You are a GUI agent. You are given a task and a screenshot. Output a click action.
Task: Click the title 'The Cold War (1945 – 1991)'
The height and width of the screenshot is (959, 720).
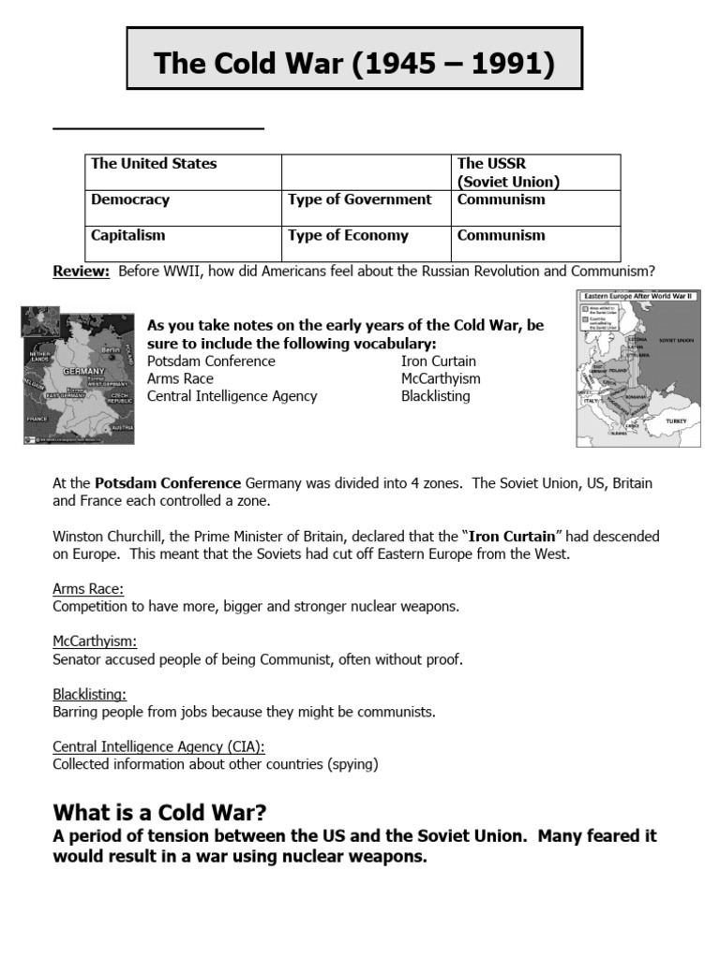point(354,64)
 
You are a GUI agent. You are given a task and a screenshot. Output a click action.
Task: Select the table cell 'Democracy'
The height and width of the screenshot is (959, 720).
point(130,199)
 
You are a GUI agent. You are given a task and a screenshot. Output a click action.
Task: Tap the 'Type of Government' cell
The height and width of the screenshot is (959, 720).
point(360,199)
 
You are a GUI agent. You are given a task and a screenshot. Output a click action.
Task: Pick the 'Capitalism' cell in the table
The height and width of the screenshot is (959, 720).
point(128,235)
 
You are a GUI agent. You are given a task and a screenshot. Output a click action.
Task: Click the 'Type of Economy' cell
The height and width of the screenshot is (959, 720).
point(349,235)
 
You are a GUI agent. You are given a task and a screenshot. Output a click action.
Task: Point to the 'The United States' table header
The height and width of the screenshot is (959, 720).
point(154,164)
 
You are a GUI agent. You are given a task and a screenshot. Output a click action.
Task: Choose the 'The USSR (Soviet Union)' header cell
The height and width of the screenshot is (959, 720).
point(508,172)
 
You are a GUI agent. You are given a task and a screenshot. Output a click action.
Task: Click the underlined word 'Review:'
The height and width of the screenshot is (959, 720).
point(82,272)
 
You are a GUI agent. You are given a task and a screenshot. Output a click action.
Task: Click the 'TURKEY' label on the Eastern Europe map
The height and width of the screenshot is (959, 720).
point(676,421)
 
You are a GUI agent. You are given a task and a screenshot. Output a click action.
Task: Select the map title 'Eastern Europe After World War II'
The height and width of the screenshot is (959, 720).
point(637,296)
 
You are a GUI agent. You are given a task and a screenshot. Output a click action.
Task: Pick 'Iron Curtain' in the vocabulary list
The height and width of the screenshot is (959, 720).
point(438,361)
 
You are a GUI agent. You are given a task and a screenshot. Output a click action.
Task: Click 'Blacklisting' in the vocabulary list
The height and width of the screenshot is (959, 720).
point(435,396)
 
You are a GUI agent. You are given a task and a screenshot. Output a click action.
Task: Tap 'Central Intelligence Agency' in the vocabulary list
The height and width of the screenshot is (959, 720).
point(232,396)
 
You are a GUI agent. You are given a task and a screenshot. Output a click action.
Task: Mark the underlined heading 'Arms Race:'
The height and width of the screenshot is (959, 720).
point(88,589)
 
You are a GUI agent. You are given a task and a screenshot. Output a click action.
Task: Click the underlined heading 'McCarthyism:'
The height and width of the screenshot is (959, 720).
point(95,642)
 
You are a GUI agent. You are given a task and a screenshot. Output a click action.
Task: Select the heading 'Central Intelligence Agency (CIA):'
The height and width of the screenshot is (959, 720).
point(158,746)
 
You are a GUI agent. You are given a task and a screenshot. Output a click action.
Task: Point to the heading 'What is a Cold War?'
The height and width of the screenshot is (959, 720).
point(166,811)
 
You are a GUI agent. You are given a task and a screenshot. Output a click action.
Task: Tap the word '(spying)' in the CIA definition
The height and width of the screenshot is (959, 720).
point(349,764)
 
